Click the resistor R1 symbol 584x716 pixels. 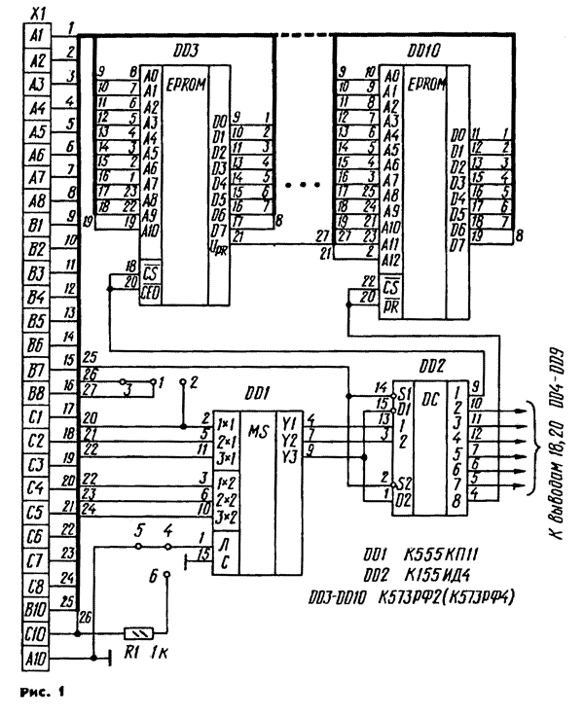pyautogui.click(x=139, y=631)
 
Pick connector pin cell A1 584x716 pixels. pyautogui.click(x=38, y=35)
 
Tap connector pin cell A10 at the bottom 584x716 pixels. pyautogui.click(x=38, y=662)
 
